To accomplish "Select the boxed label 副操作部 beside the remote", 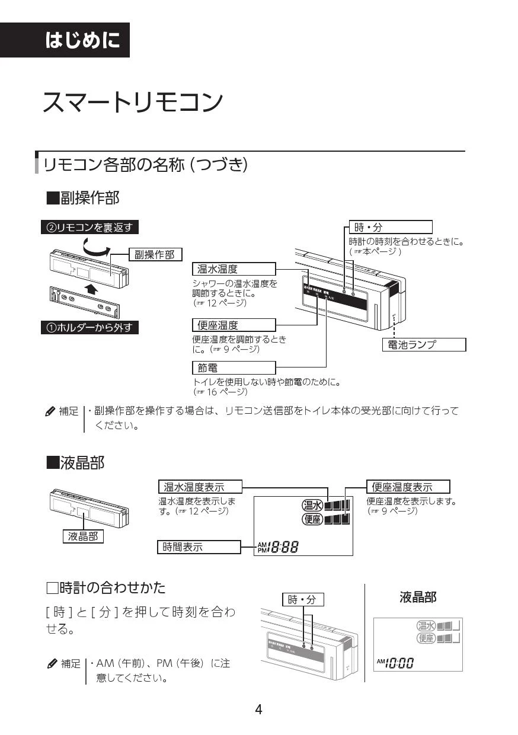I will (155, 255).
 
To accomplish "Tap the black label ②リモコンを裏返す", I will (89, 228).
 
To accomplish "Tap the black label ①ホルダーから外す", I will (89, 327).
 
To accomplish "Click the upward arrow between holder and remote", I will (89, 289).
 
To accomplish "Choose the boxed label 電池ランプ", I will (423, 344).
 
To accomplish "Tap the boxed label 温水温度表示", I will (200, 487).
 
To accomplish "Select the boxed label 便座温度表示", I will (408, 487).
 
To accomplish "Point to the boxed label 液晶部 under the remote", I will (83, 536).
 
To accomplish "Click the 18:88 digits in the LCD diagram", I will (282, 548).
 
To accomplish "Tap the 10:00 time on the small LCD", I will (398, 663).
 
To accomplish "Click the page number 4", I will (258, 709).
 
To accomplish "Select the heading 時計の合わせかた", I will (106, 588).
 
